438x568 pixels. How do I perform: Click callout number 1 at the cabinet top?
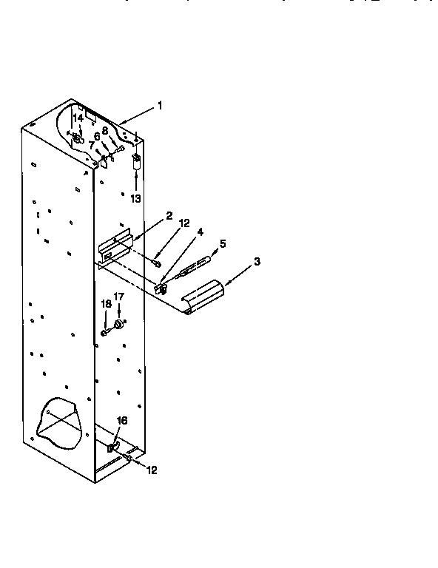(x=159, y=106)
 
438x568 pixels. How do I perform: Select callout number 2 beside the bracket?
(x=169, y=215)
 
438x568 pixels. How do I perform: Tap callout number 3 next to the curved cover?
(x=256, y=261)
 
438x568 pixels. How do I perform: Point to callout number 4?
(x=199, y=231)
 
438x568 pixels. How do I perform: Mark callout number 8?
(x=105, y=130)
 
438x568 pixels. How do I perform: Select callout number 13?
(x=135, y=198)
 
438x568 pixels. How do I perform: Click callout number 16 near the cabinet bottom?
(x=123, y=420)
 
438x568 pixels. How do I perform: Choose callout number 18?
(x=106, y=303)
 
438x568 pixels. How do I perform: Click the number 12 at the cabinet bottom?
(x=151, y=469)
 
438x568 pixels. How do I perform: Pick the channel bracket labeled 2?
(x=115, y=249)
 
